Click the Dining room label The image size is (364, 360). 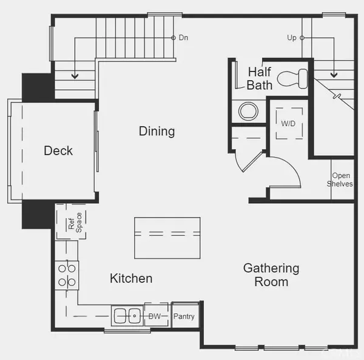point(157,132)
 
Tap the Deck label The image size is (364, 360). point(58,150)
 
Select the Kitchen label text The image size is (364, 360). point(131,278)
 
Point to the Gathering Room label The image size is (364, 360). point(271,275)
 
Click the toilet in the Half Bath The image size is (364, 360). point(292,78)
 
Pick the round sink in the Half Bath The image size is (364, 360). point(248,111)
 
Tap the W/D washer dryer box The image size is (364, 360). point(289,123)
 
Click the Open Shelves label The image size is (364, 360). point(340,179)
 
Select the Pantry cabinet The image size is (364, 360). point(185,315)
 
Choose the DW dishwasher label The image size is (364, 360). point(155,316)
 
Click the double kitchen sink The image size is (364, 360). point(127,316)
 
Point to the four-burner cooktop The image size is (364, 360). point(67,275)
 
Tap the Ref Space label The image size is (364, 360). point(75,222)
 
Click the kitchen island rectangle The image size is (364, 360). point(167,238)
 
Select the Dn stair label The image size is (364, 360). point(183,38)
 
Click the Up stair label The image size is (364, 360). point(292,38)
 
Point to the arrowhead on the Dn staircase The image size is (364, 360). point(75,76)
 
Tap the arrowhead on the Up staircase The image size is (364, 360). point(334,75)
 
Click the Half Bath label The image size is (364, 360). point(259,78)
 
